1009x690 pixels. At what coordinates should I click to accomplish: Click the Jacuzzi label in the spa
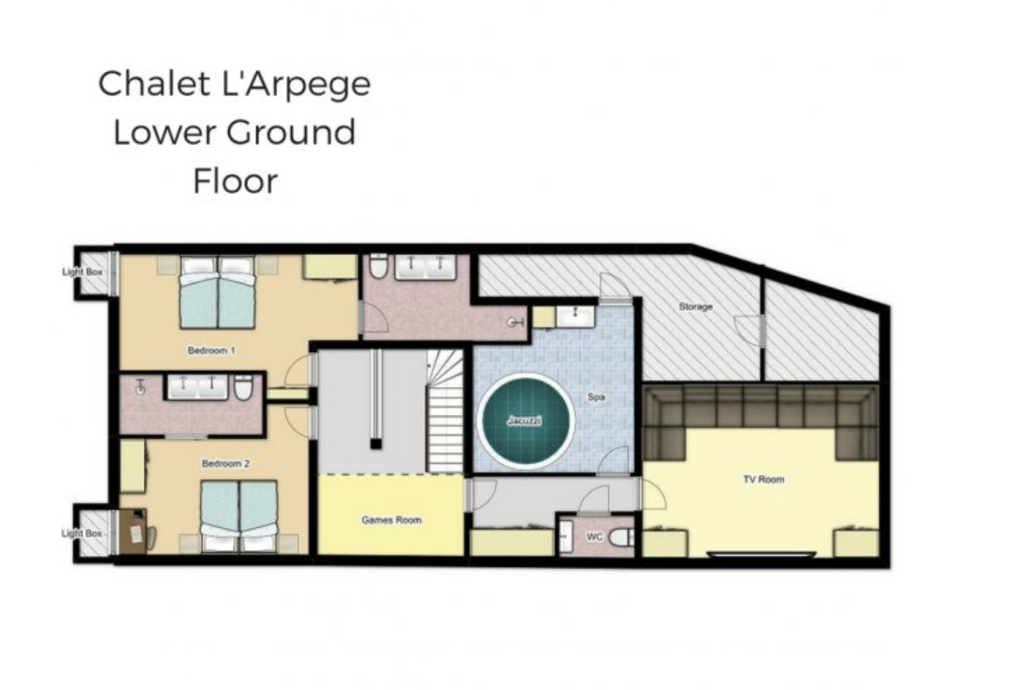[x=524, y=421]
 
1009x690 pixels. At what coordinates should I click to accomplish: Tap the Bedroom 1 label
[x=211, y=350]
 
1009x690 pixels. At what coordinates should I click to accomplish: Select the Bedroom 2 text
[x=225, y=464]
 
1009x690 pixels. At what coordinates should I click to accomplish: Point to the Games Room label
[x=391, y=520]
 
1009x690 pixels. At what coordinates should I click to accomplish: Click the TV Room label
[x=764, y=479]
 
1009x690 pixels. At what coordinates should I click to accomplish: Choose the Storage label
[x=695, y=307]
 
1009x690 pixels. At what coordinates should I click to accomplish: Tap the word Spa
[x=596, y=397]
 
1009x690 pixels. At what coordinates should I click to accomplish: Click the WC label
[x=595, y=537]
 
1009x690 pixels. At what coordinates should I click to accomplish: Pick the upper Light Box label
[x=82, y=272]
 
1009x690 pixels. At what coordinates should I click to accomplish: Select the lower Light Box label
[x=81, y=533]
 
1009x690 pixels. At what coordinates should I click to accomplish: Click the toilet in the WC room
[x=622, y=537]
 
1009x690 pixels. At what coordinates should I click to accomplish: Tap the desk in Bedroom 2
[x=133, y=531]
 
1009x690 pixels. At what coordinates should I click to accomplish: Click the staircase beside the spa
[x=445, y=411]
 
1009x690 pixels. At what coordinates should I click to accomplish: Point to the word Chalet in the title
[x=154, y=84]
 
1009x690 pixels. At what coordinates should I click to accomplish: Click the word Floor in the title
[x=235, y=181]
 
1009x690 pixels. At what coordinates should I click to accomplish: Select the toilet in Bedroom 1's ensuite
[x=378, y=265]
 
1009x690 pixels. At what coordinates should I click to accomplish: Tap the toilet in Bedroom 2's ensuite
[x=243, y=387]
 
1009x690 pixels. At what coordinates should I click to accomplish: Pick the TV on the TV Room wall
[x=762, y=554]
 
